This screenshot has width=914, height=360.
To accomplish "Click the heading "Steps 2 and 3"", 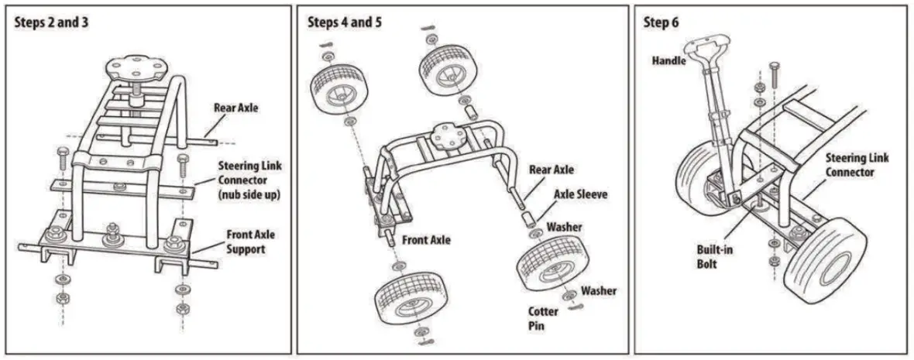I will pyautogui.click(x=51, y=22).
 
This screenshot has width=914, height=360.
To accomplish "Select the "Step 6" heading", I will pyautogui.click(x=661, y=22).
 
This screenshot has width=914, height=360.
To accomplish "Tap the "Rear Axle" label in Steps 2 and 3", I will pyautogui.click(x=235, y=108).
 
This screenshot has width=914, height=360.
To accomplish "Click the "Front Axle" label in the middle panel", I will pyautogui.click(x=425, y=240).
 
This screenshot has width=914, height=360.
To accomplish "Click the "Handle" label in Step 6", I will pyautogui.click(x=668, y=60).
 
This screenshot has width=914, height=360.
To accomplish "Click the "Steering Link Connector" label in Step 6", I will pyautogui.click(x=857, y=165).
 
